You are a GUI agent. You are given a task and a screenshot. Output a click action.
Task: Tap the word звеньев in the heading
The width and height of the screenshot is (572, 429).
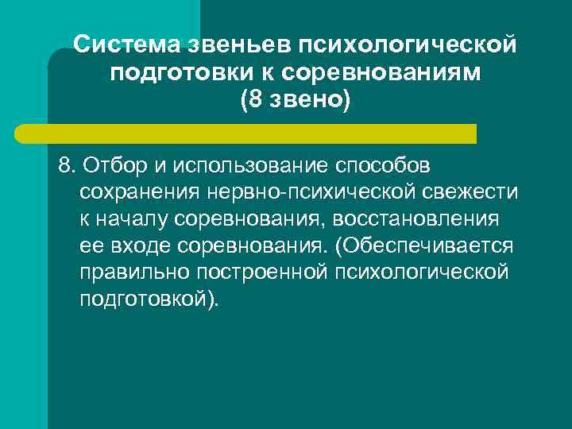230,44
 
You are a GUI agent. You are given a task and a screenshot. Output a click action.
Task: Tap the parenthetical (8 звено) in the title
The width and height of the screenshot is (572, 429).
295,101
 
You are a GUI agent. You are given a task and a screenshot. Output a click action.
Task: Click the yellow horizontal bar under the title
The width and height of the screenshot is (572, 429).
262,133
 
